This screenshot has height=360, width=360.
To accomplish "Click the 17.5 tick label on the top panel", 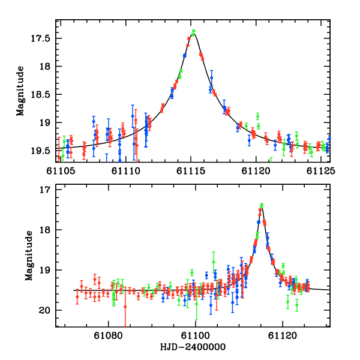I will [x=41, y=38].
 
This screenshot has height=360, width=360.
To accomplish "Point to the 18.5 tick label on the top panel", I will [x=41, y=94].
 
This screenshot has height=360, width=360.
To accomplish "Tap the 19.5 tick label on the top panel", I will [x=41, y=151].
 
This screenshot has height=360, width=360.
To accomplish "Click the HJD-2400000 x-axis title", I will [x=193, y=347].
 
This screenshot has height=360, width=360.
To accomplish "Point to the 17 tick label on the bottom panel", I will [x=45, y=190].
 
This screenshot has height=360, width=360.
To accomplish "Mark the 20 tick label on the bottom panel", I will [x=45, y=310].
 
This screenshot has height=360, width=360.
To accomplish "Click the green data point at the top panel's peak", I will [x=193, y=31].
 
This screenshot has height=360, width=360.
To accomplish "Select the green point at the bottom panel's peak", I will [x=262, y=205].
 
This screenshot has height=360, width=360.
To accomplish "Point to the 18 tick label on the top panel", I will [x=45, y=66].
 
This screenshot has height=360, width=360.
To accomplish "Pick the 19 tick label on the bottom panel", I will [x=45, y=270].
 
